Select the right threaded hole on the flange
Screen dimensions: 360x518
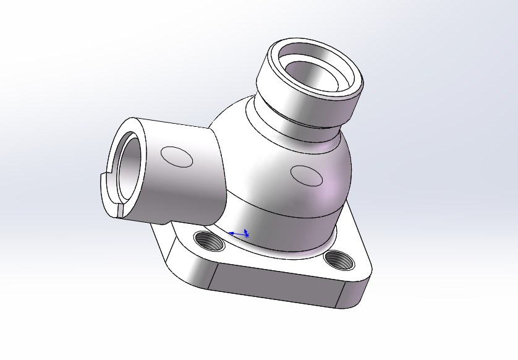[x=340, y=259]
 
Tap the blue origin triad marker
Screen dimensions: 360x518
[x=245, y=234]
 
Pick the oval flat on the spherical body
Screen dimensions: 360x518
[x=307, y=176]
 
